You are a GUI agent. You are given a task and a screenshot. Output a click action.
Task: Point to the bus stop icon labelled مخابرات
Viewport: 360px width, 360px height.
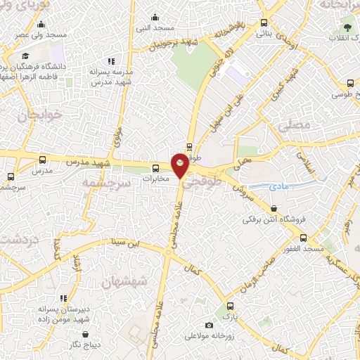click(x=156, y=167)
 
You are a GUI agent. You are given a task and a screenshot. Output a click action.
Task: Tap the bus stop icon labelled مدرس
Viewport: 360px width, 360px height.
click(x=43, y=160)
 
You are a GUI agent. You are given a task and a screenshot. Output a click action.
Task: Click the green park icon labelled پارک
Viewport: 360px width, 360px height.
click(x=226, y=307)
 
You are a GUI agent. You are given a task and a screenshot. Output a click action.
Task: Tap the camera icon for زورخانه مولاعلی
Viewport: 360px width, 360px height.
click(x=209, y=325)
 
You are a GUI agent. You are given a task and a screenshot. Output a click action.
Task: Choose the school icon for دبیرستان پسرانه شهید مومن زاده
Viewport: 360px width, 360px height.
click(x=65, y=298)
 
